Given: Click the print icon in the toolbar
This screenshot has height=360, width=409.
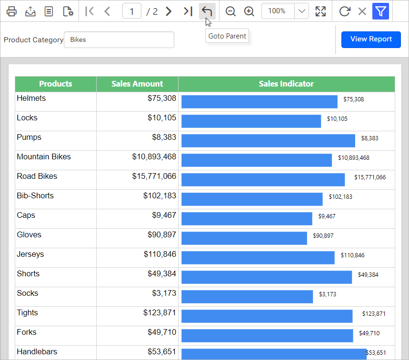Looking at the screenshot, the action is tap(11, 11).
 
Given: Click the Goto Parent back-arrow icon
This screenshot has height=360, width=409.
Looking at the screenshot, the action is tap(207, 11).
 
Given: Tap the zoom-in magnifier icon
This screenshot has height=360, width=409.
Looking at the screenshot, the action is tap(249, 11).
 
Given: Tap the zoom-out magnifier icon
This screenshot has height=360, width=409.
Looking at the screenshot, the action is tap(230, 11).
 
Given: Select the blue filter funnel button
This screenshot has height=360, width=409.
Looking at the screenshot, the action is tap(380, 11).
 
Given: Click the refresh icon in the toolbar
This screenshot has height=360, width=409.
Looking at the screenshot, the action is tap(345, 11).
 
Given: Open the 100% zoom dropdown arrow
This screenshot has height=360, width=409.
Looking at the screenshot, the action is tap(302, 11).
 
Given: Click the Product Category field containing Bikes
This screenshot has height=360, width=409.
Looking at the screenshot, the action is tap(119, 39).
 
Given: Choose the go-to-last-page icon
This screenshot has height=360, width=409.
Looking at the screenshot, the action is tap(188, 11).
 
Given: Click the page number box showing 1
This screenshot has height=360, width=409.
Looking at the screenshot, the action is tap(132, 11).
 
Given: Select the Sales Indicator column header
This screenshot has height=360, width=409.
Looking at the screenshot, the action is tap(287, 84).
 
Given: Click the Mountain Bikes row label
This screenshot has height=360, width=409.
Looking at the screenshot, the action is tap(44, 156).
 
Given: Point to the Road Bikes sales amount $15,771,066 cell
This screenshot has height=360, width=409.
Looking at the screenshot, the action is tap(138, 180).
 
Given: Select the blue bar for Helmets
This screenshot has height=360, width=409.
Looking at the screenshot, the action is tap(259, 102).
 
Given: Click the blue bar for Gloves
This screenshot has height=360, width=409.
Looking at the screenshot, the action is tap(244, 238).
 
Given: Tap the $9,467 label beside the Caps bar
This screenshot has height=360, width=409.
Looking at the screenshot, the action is tap(327, 216).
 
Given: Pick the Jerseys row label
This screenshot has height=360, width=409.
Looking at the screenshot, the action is tap(30, 254).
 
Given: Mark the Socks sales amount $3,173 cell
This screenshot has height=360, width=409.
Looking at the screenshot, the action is tap(138, 297).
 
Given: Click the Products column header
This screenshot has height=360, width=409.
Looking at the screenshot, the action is tap(56, 84).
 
